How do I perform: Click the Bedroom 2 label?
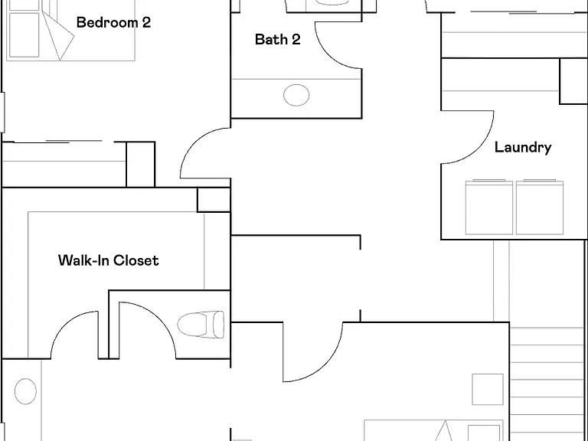(113, 22)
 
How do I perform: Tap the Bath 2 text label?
(277, 39)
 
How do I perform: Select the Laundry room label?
(523, 147)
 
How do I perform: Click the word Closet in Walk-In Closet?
(136, 260)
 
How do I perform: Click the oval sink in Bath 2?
(296, 95)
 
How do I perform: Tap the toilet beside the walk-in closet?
(201, 324)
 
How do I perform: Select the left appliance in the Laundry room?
(489, 207)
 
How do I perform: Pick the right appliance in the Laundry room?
(540, 207)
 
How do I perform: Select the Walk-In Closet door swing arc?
(64, 322)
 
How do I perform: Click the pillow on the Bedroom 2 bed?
(24, 35)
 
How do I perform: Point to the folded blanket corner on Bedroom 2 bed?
(60, 37)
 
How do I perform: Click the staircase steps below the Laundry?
(547, 383)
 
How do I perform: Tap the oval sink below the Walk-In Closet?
(25, 391)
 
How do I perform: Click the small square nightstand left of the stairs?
(488, 389)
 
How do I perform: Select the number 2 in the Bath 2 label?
(296, 39)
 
